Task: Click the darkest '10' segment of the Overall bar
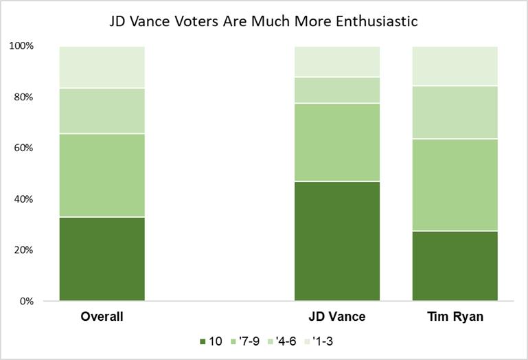[x=102, y=259]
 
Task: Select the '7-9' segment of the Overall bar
[x=102, y=175]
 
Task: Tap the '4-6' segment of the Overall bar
[x=102, y=111]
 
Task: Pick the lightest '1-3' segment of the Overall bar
[x=102, y=67]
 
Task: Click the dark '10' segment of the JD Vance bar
[x=337, y=241]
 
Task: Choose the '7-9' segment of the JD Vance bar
[x=337, y=142]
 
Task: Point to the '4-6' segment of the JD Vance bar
[x=337, y=90]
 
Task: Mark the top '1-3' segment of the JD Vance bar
[x=337, y=61]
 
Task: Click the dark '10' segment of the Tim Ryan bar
[x=455, y=266]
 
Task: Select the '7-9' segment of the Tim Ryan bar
[x=455, y=185]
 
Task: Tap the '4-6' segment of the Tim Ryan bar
[x=455, y=112]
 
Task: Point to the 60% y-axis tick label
[x=23, y=148]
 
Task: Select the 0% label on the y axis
[x=25, y=301]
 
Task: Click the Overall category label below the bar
[x=102, y=317]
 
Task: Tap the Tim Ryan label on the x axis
[x=455, y=317]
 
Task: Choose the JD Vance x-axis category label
[x=337, y=317]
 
